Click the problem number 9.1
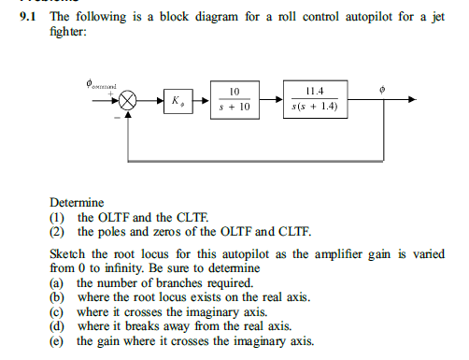(34, 17)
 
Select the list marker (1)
(57, 217)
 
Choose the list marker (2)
(57, 231)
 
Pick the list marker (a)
(57, 282)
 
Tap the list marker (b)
(57, 297)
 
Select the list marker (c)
(57, 311)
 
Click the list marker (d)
(57, 325)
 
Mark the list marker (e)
(57, 340)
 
